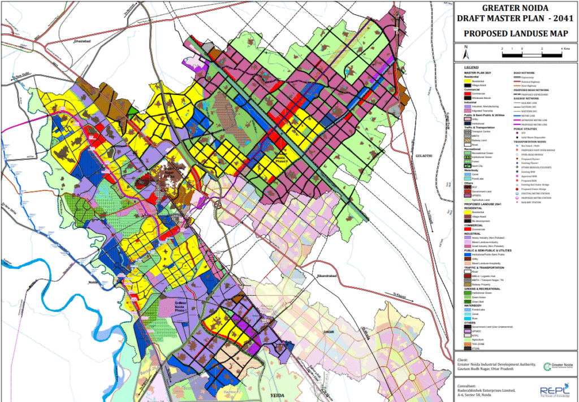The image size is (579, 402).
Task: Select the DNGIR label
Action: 330,332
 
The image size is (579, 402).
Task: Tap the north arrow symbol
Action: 465,53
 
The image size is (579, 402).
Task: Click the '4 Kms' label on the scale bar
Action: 565,50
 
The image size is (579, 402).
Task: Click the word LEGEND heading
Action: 471,67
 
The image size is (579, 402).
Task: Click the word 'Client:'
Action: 463,358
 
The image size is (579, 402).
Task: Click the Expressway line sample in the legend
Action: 521,77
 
